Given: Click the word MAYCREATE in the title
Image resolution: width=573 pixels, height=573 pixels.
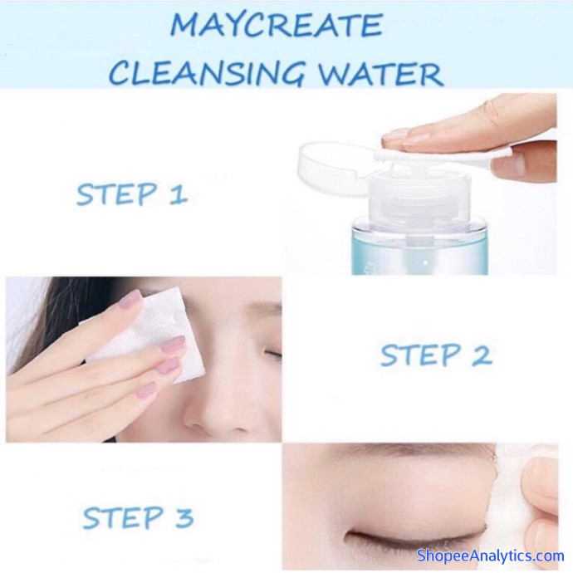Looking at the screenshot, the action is click(x=277, y=24).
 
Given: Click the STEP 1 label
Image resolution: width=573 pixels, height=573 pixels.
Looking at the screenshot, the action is click(x=132, y=194).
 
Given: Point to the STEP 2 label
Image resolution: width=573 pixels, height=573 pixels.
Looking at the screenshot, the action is click(x=436, y=355).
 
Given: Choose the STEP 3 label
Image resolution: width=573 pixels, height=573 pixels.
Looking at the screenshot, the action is click(x=138, y=518).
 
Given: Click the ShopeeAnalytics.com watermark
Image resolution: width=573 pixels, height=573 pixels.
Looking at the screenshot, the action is click(x=491, y=556).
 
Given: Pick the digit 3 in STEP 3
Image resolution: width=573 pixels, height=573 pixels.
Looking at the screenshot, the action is click(x=184, y=518).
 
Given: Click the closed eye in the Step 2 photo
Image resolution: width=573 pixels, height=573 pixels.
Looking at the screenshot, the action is click(x=272, y=354).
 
